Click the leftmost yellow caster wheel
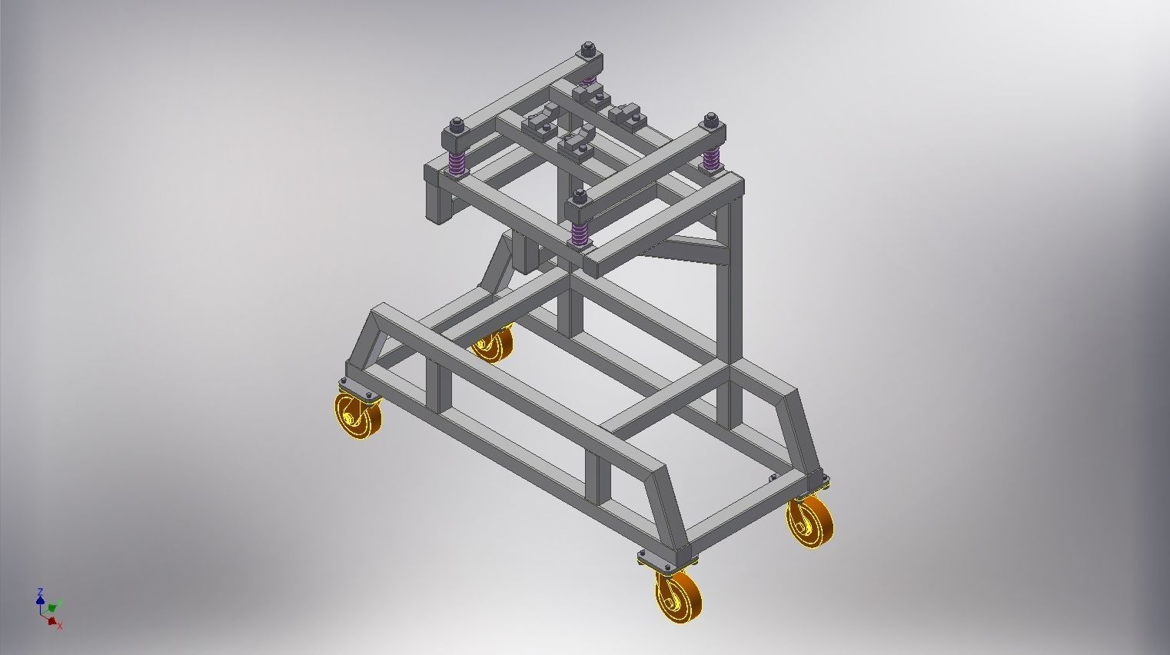tap(359, 419)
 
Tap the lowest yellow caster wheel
tap(680, 593)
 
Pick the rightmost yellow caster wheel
tap(810, 522)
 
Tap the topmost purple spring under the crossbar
tap(588, 80)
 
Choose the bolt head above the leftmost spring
tap(457, 123)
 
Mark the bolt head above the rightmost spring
tap(711, 118)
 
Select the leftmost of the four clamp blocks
tap(536, 124)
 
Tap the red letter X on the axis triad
tap(60, 627)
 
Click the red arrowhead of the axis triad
tap(52, 620)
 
